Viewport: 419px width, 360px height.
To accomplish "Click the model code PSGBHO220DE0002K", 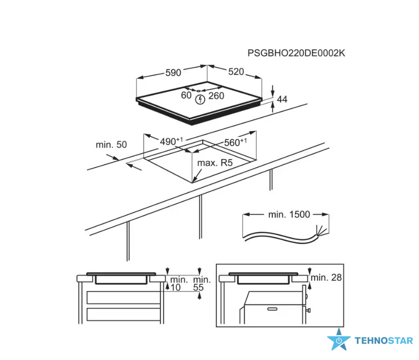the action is coord(296,53).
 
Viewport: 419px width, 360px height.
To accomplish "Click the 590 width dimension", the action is coord(173,72).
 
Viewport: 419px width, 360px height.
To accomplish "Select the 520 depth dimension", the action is coord(236,72).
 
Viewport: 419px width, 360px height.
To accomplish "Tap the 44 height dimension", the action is coord(282,99).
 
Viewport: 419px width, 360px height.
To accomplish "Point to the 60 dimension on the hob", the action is coord(186,95).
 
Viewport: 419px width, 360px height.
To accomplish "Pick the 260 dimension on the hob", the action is coord(216,96).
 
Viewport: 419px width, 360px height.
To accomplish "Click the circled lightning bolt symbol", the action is coord(201,99).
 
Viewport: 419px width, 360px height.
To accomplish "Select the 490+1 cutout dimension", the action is coord(171,141).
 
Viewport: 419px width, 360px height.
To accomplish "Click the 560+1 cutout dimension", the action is coord(236,142).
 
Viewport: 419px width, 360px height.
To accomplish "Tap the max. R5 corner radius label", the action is coord(215,162).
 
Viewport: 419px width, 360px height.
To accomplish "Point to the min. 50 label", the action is coord(111,145).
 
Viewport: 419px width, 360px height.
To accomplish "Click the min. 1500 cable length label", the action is coord(289,214).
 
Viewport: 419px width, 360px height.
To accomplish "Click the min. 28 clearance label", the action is coord(326,277).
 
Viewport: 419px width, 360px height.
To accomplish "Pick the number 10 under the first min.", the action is coord(175,288).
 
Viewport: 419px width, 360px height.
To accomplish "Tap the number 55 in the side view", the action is coord(198,288).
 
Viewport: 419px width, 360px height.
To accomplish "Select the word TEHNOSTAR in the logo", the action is coord(384,340).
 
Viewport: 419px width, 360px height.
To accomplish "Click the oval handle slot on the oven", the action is coord(272,309).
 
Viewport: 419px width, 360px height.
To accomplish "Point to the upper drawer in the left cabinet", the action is coord(124,297).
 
